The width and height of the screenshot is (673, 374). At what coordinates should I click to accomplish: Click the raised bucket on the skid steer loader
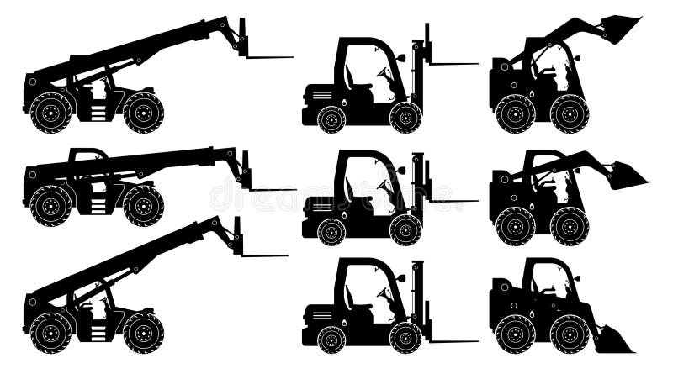[618, 30]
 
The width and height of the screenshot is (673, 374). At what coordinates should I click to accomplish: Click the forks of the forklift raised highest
[450, 62]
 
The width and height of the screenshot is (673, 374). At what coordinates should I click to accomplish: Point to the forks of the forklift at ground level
[450, 340]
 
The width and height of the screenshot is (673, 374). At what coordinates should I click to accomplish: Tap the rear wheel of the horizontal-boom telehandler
[50, 205]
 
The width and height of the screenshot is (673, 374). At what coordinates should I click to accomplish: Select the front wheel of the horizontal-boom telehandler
[143, 205]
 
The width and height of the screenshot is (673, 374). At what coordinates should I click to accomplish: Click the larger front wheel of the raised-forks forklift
[405, 117]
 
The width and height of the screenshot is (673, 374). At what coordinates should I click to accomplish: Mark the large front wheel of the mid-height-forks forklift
[405, 229]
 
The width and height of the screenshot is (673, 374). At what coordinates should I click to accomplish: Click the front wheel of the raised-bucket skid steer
[569, 113]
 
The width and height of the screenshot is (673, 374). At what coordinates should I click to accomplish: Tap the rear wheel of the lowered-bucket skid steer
[515, 334]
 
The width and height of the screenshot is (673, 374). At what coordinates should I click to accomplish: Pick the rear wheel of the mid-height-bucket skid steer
[515, 225]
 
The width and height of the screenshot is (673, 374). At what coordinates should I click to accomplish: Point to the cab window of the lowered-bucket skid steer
[551, 282]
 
